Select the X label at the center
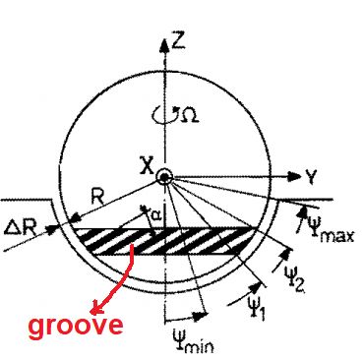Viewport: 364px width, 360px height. pos(144,169)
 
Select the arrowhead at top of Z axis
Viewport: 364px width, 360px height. pos(162,42)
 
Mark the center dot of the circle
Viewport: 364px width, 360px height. pos(163,177)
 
